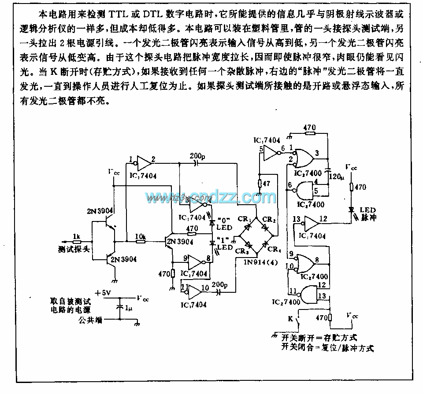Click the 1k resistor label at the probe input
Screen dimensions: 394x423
(76, 236)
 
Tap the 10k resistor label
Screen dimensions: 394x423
(140, 236)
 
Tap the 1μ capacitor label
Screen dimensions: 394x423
(127, 309)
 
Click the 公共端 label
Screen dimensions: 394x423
(90, 320)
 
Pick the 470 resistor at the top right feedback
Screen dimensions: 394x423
(309, 128)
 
